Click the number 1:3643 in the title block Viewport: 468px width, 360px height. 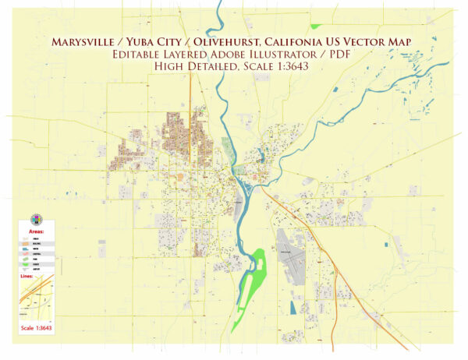299,66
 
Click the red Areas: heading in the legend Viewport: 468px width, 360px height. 36,231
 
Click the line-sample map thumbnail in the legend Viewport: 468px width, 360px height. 36,297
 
